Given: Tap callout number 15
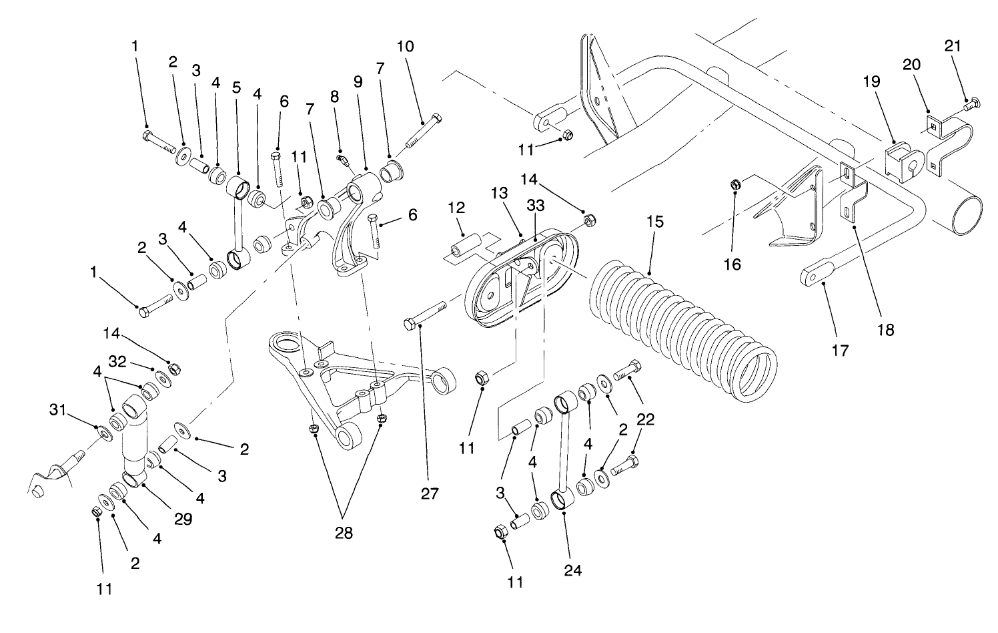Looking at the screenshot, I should point(655,222).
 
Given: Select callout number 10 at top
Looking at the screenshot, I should point(405,47).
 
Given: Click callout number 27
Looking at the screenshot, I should point(430,493).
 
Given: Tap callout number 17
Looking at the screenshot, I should point(840,349).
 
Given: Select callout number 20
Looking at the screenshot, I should point(912,65).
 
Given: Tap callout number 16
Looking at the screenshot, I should point(732,264).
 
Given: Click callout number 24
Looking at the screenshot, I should point(573,571).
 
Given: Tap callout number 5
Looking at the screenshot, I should point(235,87).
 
